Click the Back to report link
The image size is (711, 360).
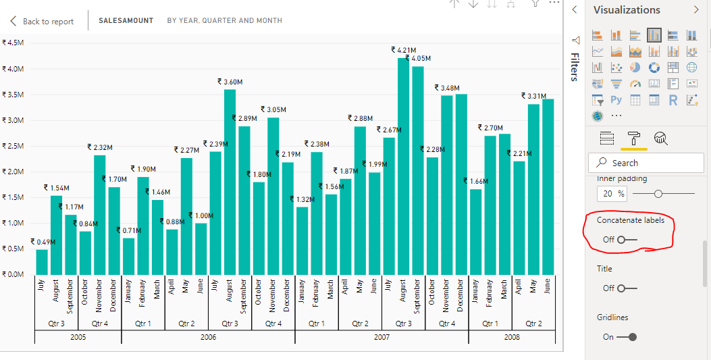(x=48, y=22)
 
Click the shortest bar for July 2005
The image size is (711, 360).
(x=42, y=261)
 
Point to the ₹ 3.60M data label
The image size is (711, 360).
(x=230, y=82)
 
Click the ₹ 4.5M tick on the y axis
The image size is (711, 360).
(x=14, y=42)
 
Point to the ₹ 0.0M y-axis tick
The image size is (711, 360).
(x=14, y=274)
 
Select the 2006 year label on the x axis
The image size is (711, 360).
(x=208, y=337)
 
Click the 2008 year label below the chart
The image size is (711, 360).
(x=512, y=337)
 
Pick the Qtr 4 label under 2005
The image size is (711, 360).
(x=100, y=324)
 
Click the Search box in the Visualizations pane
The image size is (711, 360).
(x=646, y=163)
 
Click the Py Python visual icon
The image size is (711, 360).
(x=616, y=100)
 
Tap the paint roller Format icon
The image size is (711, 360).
(x=634, y=138)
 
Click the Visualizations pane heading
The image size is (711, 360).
(x=627, y=10)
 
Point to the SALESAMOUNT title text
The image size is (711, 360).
(x=126, y=21)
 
